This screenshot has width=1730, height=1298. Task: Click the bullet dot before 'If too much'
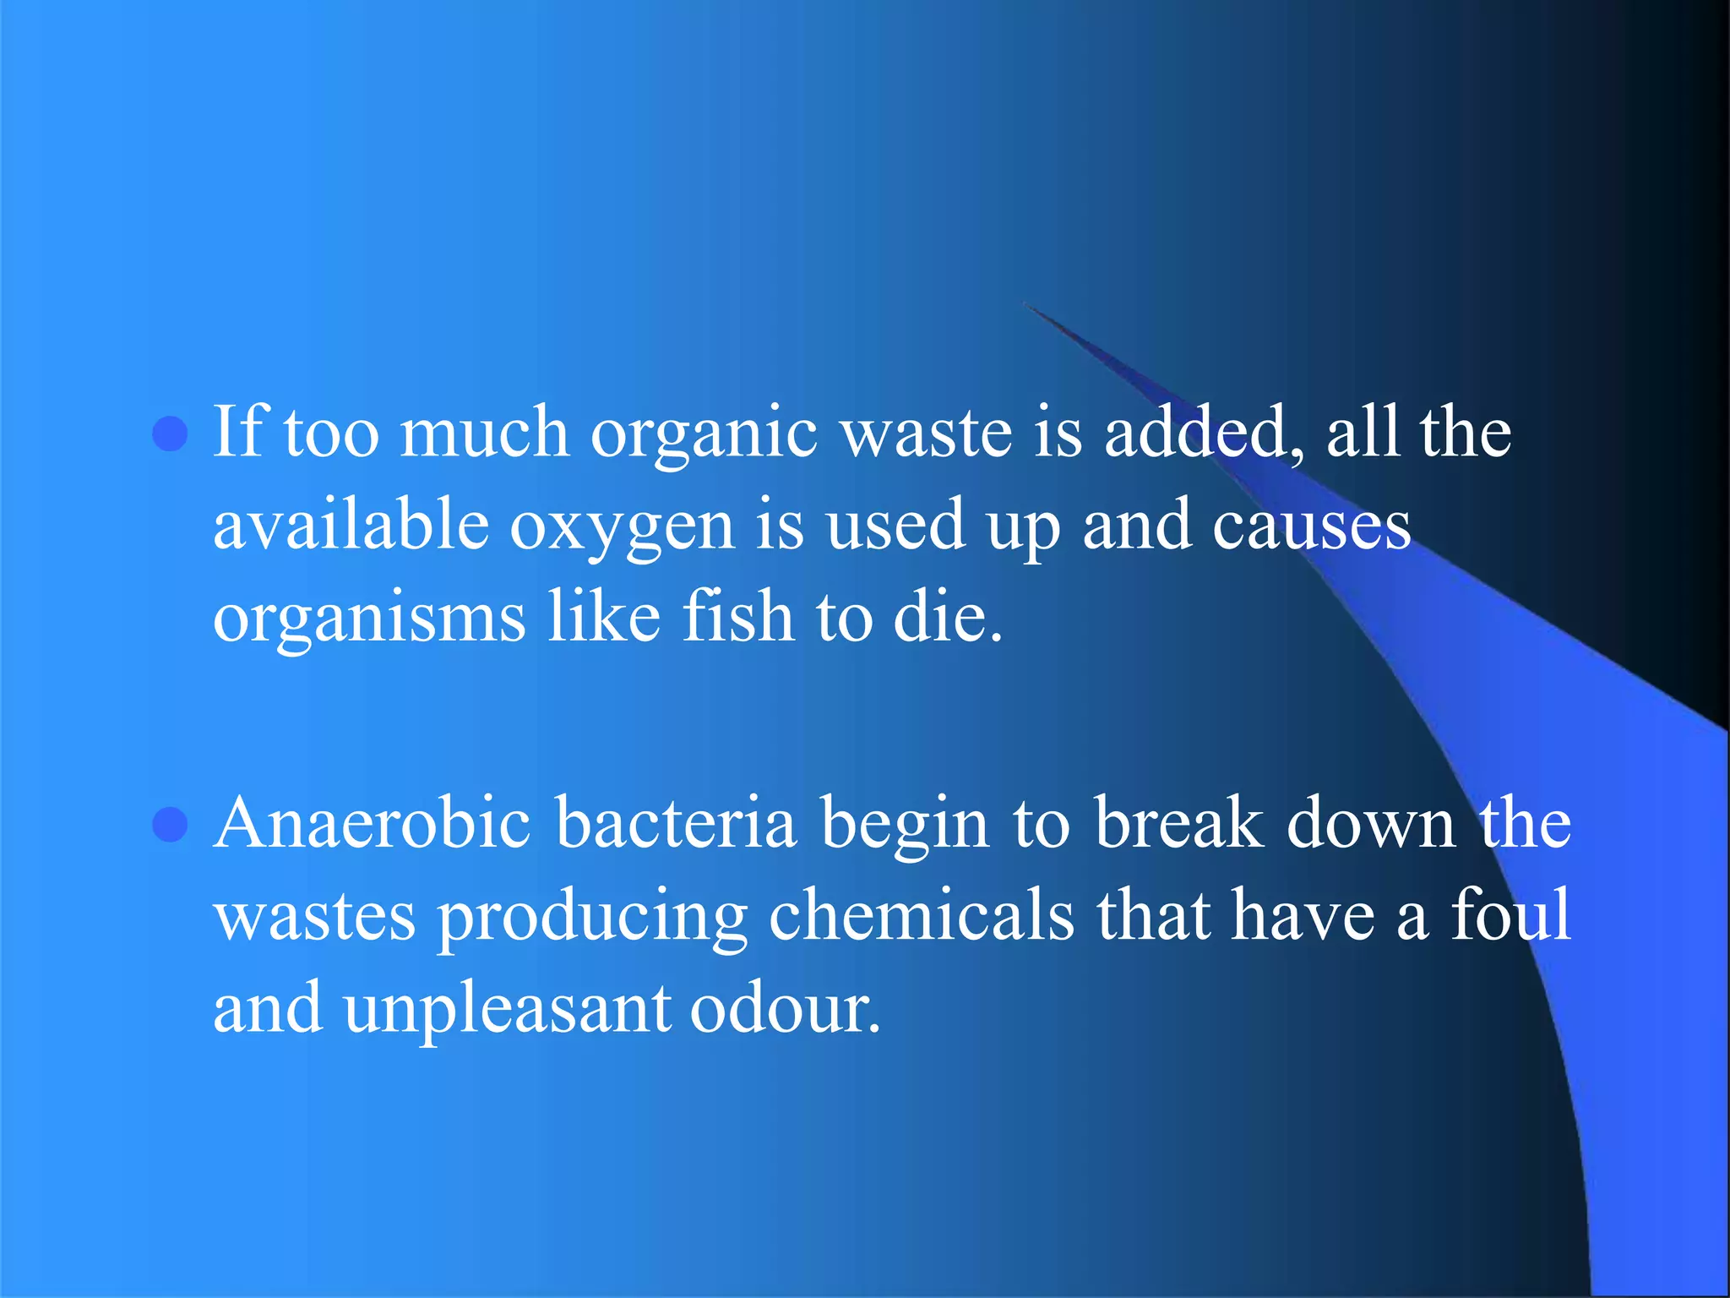pos(170,434)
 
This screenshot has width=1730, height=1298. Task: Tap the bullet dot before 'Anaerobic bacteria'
pos(170,824)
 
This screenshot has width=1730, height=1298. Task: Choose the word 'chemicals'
pos(922,915)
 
